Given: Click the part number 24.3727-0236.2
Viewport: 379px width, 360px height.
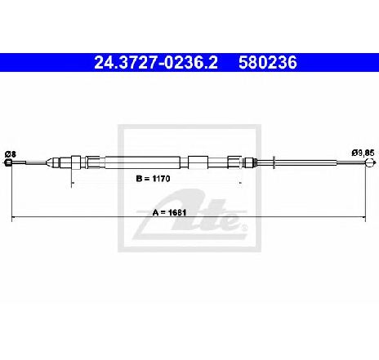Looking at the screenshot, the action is coord(156,63).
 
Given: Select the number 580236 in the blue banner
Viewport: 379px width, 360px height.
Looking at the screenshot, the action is coord(268,63).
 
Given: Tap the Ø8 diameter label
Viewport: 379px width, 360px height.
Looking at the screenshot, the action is coord(11,154).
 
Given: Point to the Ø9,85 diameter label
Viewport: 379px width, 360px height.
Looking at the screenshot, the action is coord(363,153).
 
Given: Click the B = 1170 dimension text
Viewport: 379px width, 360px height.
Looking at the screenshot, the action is coord(153,179).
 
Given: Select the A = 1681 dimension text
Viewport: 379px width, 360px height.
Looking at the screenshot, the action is coord(169,212).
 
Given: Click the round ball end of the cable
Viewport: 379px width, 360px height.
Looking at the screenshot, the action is coord(369,163).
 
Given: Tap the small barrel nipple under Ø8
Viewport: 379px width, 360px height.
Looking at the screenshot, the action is coord(8,162).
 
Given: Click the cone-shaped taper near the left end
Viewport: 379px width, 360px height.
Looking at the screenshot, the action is coord(49,162).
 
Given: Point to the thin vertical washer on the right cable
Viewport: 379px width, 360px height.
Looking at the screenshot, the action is coord(274,162).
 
